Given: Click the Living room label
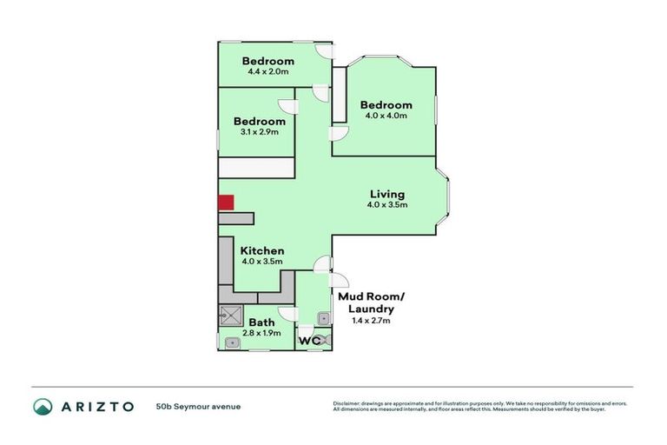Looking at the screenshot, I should tap(387, 194).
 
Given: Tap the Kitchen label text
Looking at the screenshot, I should tap(262, 250).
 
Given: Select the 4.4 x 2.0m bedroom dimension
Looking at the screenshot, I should tap(267, 73).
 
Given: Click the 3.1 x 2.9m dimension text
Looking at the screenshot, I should tap(259, 132).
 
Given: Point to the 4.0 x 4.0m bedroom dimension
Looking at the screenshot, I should tap(387, 116).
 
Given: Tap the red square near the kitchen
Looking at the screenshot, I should tap(226, 203).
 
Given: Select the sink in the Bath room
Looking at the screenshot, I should tap(231, 343).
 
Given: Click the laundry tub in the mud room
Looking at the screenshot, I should tap(323, 318).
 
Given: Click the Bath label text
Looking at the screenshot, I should tap(261, 322).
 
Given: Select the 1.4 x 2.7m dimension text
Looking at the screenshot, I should tap(371, 321).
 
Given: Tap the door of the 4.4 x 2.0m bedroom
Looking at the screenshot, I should tap(324, 51).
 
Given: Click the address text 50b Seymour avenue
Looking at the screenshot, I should tap(198, 406).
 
